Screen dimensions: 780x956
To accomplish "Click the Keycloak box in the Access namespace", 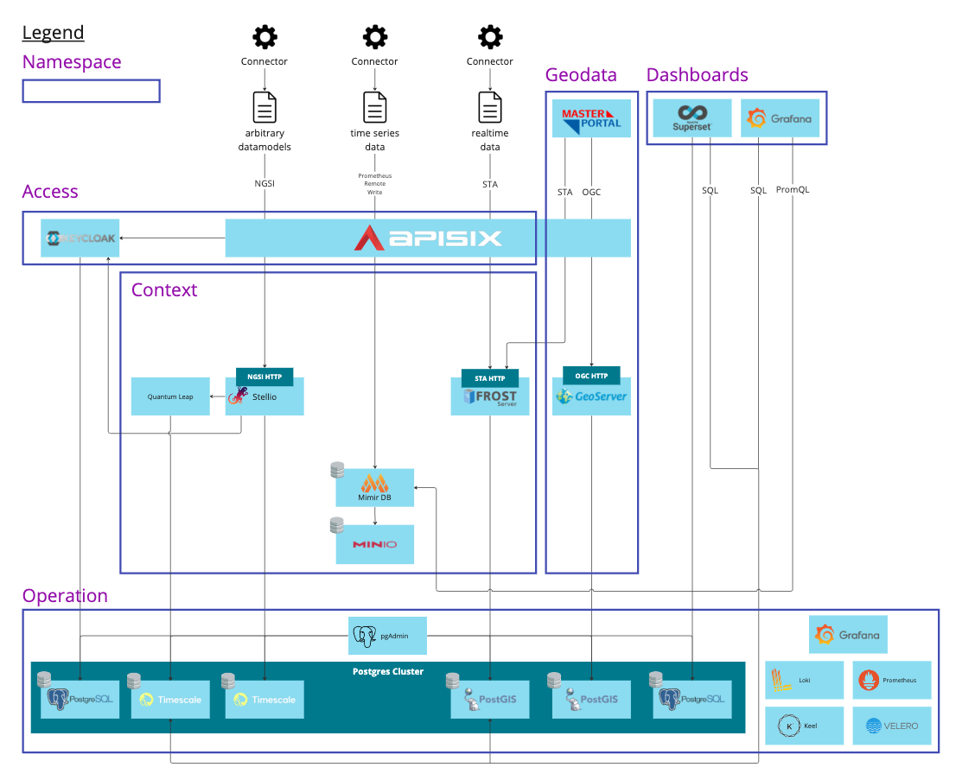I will click(80, 238).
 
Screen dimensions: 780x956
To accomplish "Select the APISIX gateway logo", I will click(428, 238).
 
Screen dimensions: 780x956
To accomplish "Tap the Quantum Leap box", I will click(170, 396).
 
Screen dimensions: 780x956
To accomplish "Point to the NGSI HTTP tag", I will click(264, 377).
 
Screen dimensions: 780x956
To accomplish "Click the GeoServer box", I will click(592, 397).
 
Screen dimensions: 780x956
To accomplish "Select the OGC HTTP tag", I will click(592, 376).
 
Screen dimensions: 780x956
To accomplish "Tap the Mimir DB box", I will click(374, 488).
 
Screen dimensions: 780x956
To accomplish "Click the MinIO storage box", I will click(374, 544).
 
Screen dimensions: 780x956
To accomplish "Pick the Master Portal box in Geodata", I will click(592, 118).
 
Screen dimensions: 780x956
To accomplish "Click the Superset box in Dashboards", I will click(692, 118).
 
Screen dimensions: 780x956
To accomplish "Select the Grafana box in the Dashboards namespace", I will click(780, 118).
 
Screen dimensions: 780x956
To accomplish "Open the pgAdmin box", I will click(388, 636).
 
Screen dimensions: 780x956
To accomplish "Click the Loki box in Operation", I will click(804, 680).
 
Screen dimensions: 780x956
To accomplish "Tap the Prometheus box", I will click(891, 680).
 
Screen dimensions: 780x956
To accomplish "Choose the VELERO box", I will click(891, 726).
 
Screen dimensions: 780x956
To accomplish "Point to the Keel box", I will click(804, 726).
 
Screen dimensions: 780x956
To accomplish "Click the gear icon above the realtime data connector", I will click(490, 37).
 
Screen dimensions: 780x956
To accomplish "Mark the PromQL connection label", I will click(793, 190).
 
